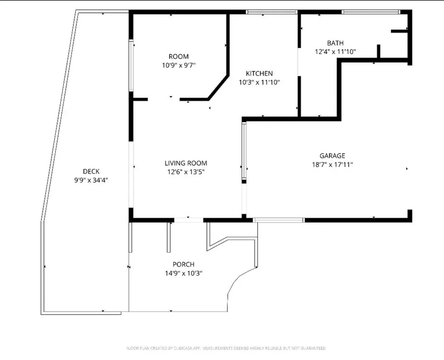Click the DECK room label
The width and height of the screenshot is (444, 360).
pyautogui.click(x=91, y=172)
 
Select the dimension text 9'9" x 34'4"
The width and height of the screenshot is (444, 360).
pyautogui.click(x=91, y=180)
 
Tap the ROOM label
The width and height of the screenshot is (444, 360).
pyautogui.click(x=179, y=57)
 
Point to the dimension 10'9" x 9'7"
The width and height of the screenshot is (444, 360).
pyautogui.click(x=179, y=65)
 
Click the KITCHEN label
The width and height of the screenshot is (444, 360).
pyautogui.click(x=259, y=74)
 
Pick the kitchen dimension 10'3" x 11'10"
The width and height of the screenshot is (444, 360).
pyautogui.click(x=259, y=82)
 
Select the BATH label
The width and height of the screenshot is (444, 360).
pyautogui.click(x=335, y=43)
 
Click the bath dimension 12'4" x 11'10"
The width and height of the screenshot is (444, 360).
pyautogui.click(x=335, y=52)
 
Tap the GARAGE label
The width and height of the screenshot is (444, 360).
pyautogui.click(x=333, y=156)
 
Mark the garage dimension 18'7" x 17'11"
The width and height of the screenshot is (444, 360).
pyautogui.click(x=333, y=164)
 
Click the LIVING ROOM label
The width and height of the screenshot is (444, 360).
pyautogui.click(x=186, y=164)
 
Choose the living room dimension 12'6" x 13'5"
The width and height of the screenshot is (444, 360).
pyautogui.click(x=186, y=172)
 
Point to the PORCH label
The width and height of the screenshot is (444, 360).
pyautogui.click(x=183, y=265)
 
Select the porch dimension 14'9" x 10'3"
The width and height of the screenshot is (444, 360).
pyautogui.click(x=183, y=273)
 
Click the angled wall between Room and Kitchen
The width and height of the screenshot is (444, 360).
pyautogui.click(x=219, y=88)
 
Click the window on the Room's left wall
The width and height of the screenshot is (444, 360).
pyautogui.click(x=131, y=65)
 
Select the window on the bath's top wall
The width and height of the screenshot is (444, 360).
pyautogui.click(x=371, y=12)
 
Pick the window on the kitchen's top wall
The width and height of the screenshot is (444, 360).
pyautogui.click(x=271, y=12)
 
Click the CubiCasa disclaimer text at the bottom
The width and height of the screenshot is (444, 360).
pyautogui.click(x=226, y=348)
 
